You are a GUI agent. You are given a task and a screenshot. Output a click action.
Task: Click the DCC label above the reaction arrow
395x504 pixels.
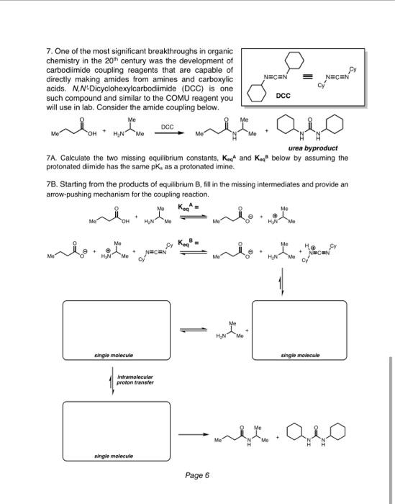(168, 125)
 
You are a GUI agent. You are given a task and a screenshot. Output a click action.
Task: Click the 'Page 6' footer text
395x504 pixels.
(196, 475)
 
